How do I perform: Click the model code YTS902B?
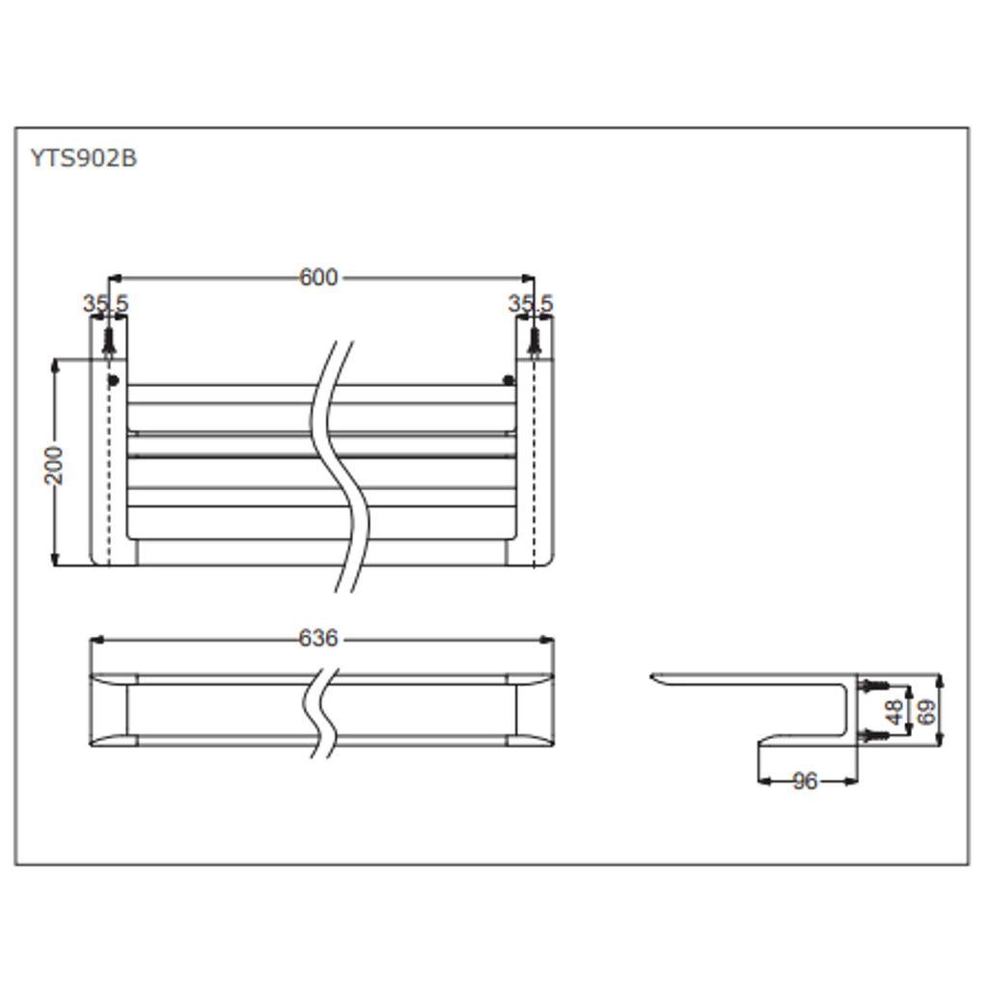point(83,158)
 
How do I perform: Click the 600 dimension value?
point(318,277)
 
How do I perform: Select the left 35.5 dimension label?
point(105,303)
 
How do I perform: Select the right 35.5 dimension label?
point(531,303)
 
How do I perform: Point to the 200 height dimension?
point(54,465)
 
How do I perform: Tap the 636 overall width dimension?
point(318,639)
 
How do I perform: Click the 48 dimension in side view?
point(894,712)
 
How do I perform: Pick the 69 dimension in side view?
point(926,712)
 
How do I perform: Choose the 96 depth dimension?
point(805,782)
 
